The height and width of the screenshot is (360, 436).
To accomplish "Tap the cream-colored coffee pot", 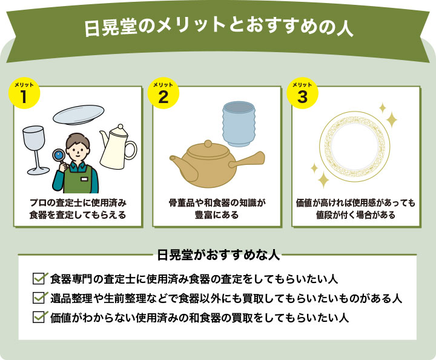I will pos(117,148).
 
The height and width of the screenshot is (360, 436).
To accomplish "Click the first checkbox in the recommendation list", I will pos(40,279).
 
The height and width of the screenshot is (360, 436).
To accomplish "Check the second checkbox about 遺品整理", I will pos(40,298).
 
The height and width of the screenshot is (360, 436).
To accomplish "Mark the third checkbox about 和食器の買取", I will pos(40,316).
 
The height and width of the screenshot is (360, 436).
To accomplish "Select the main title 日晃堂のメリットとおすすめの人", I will pos(217,27).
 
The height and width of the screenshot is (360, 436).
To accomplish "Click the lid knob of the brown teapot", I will pos(208,144).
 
